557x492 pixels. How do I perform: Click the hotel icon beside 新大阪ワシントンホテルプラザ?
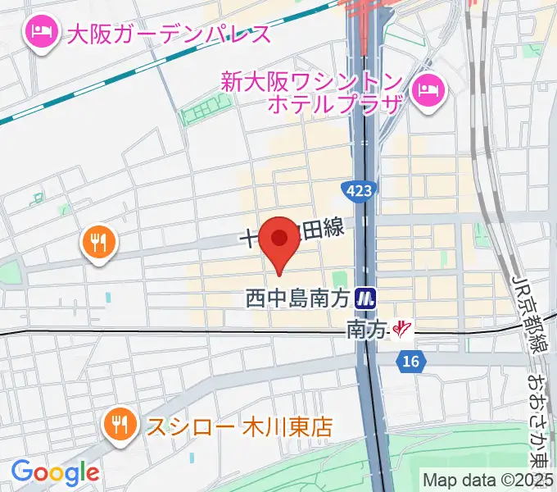(x=428, y=87)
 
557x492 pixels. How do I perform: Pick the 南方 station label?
(x=365, y=329)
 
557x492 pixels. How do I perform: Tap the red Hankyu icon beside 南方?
(x=401, y=330)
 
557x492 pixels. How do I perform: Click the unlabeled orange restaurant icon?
(x=100, y=243)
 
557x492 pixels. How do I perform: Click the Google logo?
(x=55, y=471)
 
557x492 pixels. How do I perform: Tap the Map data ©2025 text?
(x=488, y=480)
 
